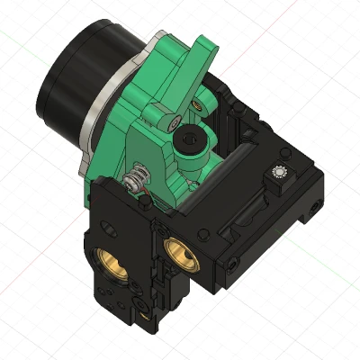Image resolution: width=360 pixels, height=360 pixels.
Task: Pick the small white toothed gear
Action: click(x=280, y=172)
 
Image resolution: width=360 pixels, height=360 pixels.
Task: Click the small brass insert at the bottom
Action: click(x=144, y=314)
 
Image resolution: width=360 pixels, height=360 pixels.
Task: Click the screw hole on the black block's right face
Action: click(x=312, y=212)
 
